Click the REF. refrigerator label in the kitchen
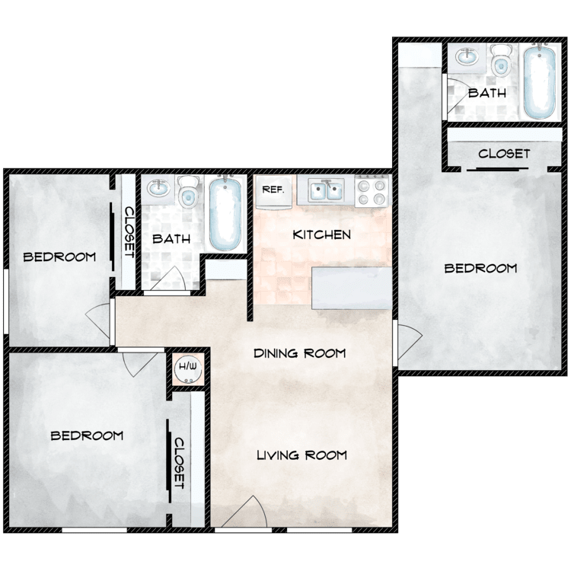point(273,189)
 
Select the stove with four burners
point(373,190)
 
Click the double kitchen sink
point(328,190)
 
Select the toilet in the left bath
point(187,192)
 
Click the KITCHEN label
point(322,234)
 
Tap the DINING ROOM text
point(300,353)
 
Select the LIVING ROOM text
point(301,455)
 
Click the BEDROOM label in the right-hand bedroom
point(480,268)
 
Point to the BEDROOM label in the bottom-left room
point(87,435)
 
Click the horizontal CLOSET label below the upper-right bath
point(504,154)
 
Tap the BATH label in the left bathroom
point(171,239)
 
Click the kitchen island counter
point(352,288)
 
